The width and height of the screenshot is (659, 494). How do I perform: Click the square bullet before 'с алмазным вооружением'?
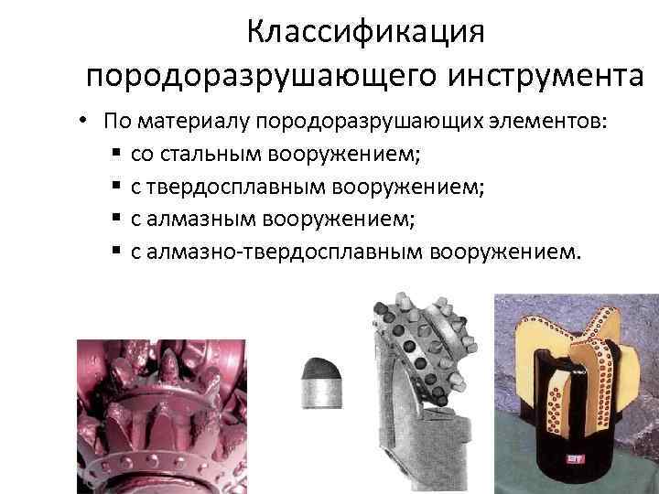click(x=116, y=219)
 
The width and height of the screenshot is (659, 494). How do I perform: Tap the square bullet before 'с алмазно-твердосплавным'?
click(x=116, y=251)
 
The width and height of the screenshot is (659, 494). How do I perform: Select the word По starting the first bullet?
click(x=115, y=122)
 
